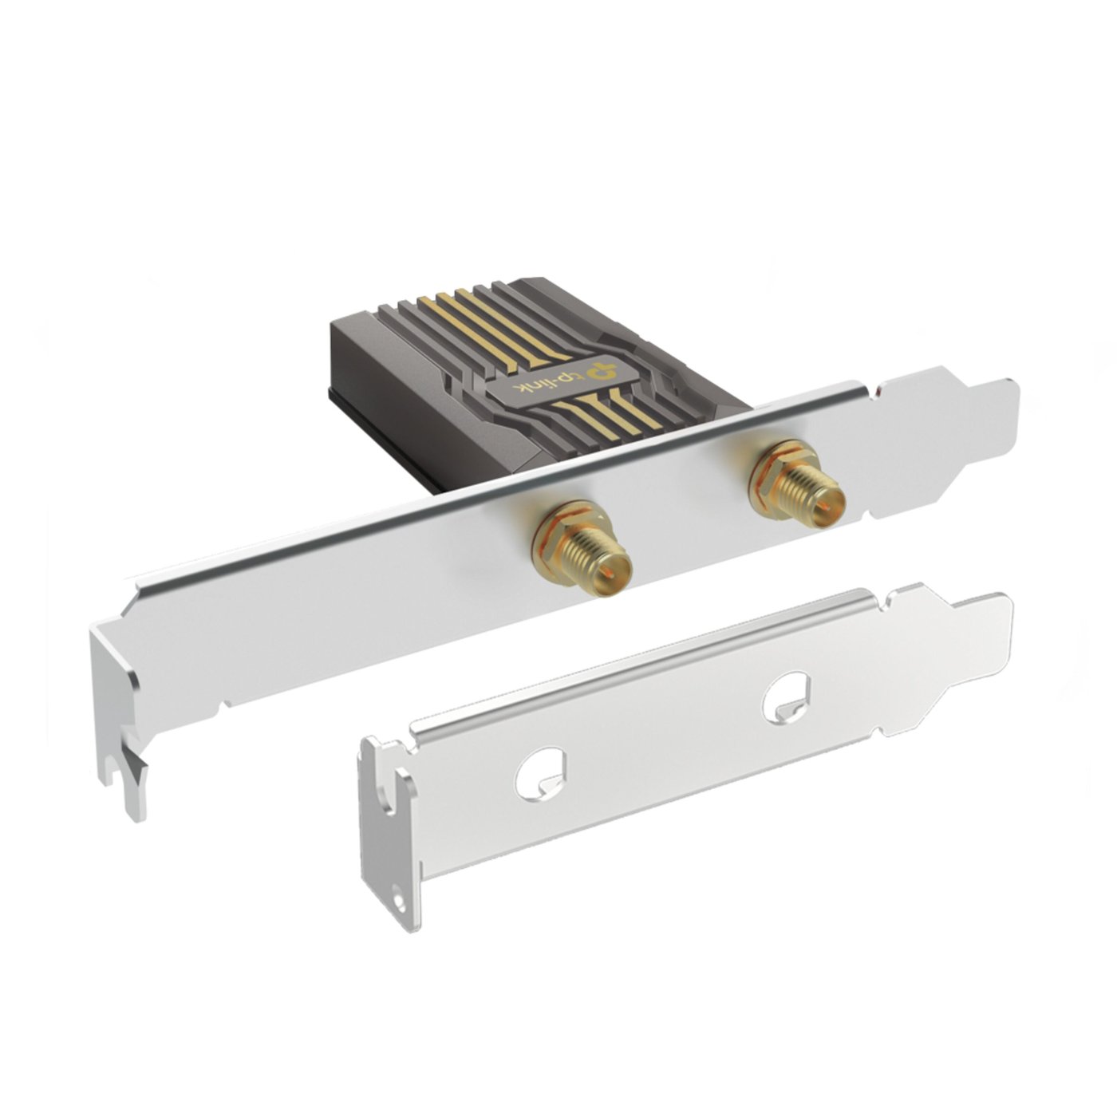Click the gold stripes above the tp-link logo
pyautogui.click(x=463, y=319)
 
